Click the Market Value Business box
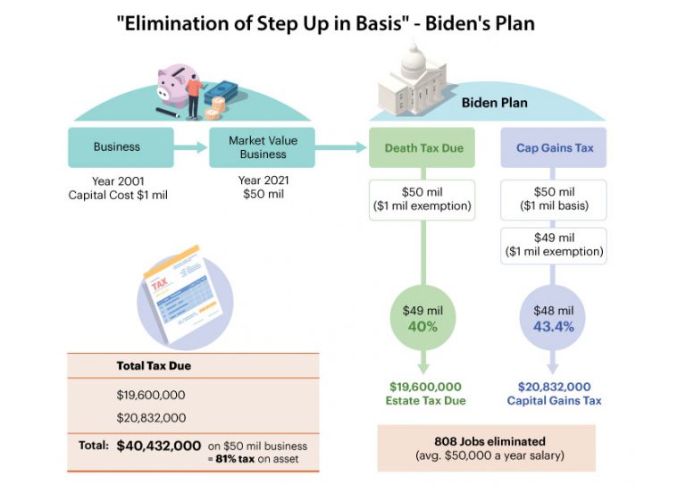coord(262,147)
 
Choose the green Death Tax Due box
coord(422,147)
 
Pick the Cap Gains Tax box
coord(554,147)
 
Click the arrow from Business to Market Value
coord(191,147)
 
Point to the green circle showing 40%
coord(422,318)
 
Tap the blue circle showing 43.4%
coord(553,318)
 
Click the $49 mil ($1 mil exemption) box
coord(554,246)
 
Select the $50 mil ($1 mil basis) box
coord(554,199)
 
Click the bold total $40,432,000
coord(159,446)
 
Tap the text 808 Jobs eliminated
coord(490,441)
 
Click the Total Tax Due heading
coord(154,365)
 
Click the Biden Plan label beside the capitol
coord(494,103)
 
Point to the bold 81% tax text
coord(235,459)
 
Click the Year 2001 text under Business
coord(118,181)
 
